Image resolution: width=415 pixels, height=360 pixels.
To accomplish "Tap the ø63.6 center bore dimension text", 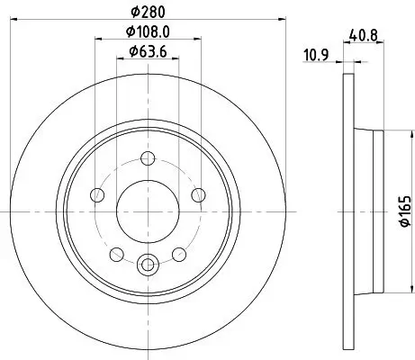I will coord(148,52).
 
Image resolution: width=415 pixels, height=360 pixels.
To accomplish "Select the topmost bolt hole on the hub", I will coord(148,158).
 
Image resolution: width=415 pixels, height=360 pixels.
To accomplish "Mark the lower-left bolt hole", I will coord(116,251).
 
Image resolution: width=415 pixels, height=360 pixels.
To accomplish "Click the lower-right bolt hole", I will coord(179,251).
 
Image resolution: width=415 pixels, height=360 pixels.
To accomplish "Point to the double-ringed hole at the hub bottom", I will coord(148,264).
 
